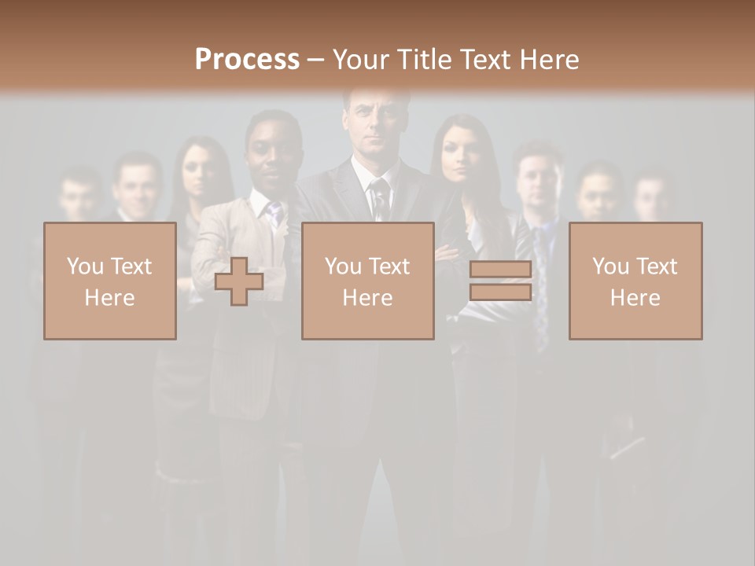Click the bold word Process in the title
247,59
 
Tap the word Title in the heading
422,59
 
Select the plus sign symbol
239,281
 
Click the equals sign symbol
500,281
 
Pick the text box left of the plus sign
110,281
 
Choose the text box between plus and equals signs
367,281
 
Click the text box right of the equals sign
635,281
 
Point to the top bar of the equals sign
500,270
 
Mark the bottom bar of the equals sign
500,292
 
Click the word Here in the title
548,59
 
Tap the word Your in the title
362,59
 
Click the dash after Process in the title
316,61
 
